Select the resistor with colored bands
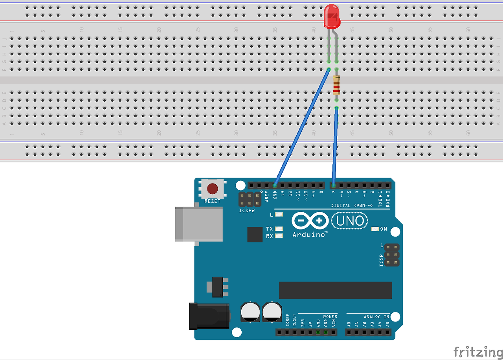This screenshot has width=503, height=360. pos(336,85)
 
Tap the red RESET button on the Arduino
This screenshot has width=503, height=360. pos(212,189)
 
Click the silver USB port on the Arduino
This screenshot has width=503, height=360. pos(199,224)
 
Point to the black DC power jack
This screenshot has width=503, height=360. pos(209,316)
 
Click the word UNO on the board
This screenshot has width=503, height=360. pos(350,221)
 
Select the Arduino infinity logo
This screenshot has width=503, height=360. pos(310,221)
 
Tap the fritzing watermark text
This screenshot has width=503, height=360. pos(478,351)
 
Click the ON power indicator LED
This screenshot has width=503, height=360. pos(374,229)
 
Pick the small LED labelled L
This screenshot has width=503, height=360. pos(279,215)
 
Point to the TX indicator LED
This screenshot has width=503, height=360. pos(279,229)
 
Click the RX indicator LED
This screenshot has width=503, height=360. pos(279,236)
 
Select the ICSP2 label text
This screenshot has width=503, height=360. pos(247,210)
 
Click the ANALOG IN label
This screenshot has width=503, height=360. pos(376,317)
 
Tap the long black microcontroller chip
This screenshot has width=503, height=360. pos(335,290)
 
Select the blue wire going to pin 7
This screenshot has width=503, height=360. pos(335,145)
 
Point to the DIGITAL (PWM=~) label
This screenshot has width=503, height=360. pos(352,206)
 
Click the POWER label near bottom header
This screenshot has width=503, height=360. pos(330,317)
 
